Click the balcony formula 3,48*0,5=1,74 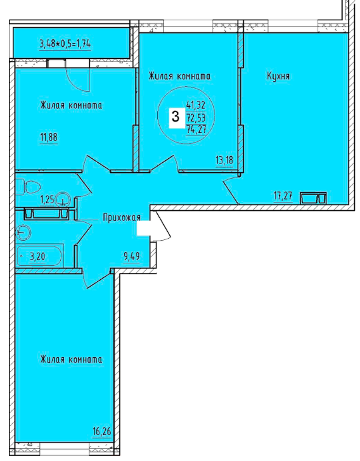pos(65,44)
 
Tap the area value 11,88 pos(49,137)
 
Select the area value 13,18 pos(224,160)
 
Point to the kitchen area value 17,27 pos(283,196)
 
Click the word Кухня pos(278,76)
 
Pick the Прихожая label pos(122,218)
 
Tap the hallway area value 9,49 pos(132,256)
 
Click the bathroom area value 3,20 pos(37,256)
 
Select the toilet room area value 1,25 pos(48,200)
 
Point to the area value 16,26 pos(102,432)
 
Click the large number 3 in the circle pos(176,117)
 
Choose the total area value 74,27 pos(196,129)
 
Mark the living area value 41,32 pos(196,105)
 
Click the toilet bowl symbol pos(28,187)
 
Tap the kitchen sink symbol pos(313,198)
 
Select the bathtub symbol pos(39,256)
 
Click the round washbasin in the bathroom pos(23,232)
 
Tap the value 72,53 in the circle pos(196,118)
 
